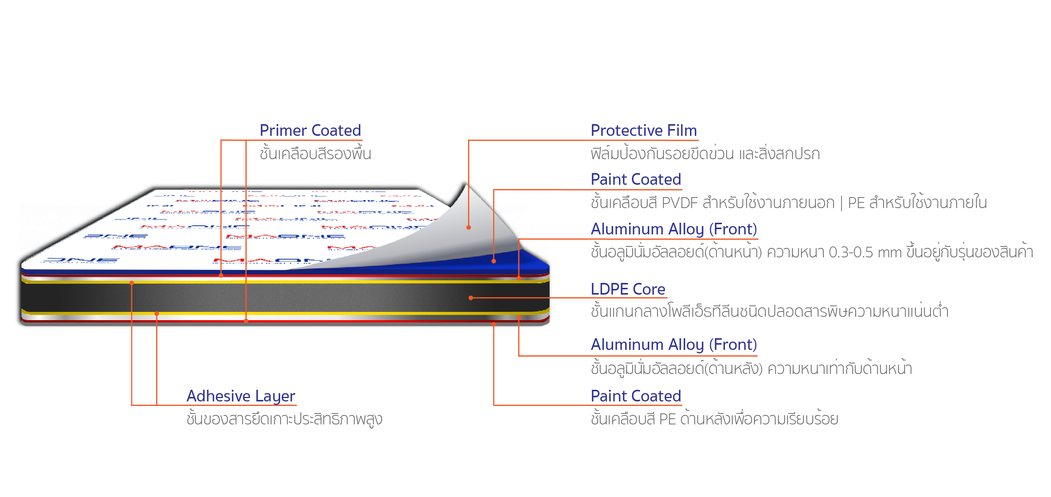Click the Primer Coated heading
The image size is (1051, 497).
coord(310,131)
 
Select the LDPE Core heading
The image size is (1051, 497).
coord(627,289)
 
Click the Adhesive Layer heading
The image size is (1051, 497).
coord(241,396)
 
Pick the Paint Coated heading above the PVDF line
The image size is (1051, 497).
coord(636,179)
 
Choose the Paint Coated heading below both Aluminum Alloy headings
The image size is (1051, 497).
coord(636,396)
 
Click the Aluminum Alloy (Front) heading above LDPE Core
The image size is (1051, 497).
coord(674,230)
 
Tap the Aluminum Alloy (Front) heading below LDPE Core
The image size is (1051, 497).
coord(674,345)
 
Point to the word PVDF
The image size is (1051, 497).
coord(679,203)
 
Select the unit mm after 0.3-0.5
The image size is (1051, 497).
coord(889,252)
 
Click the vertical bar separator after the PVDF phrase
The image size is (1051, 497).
coord(841,203)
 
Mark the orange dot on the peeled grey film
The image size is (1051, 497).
coord(468,227)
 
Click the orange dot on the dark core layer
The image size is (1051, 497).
coord(471,298)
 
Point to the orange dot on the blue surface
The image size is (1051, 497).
coord(494,261)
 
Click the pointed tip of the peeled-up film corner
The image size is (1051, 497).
coord(464,180)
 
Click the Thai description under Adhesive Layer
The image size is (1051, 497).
coord(284,419)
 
